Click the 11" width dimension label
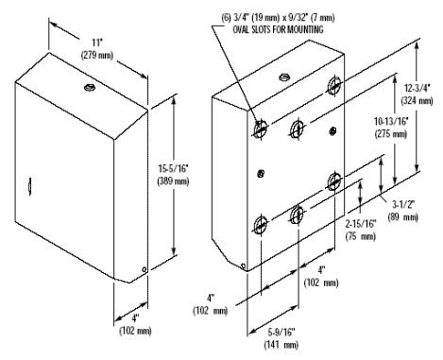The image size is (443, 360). (x=97, y=43)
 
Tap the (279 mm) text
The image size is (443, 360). (x=97, y=55)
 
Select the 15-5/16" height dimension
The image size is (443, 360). (x=173, y=169)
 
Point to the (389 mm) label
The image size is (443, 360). (x=173, y=181)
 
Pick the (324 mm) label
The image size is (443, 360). (x=417, y=101)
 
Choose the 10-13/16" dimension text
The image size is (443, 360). (x=391, y=121)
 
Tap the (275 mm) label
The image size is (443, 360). (x=391, y=134)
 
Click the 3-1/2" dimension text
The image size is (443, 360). (x=403, y=205)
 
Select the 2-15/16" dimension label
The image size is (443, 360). (x=361, y=224)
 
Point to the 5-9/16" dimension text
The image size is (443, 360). (x=281, y=332)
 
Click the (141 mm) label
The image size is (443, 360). (x=281, y=345)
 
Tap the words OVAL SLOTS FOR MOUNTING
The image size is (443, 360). (x=278, y=29)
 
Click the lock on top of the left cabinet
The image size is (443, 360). (x=90, y=87)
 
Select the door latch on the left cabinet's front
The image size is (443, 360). (x=29, y=186)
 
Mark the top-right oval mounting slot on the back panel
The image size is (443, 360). (x=334, y=84)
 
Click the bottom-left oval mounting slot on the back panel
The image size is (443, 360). (x=261, y=224)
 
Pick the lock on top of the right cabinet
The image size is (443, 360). (x=284, y=77)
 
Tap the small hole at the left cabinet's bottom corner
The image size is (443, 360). (x=144, y=269)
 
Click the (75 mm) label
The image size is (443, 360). (x=361, y=236)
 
